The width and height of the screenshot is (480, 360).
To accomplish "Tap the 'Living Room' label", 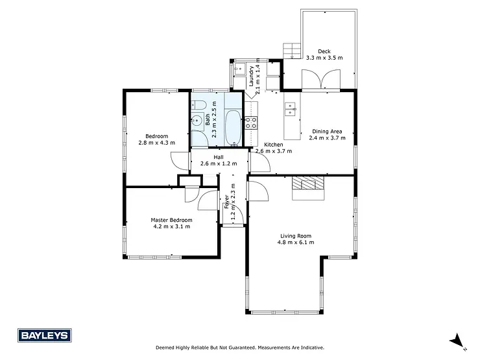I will [x=296, y=236].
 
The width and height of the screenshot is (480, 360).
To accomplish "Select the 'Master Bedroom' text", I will [x=172, y=220].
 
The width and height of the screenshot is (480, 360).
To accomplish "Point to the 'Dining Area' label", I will [x=327, y=130].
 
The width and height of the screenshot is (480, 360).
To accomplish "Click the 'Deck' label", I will [x=324, y=51].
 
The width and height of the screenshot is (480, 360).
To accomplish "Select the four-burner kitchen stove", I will [x=252, y=121].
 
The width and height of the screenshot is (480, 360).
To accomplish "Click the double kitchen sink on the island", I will [x=290, y=108].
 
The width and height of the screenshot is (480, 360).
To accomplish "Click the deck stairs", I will [x=293, y=50].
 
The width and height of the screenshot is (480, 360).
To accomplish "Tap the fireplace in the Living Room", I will [x=308, y=187].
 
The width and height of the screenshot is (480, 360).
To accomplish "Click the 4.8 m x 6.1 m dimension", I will [x=296, y=243].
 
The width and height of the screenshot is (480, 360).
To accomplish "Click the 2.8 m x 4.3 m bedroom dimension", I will [x=156, y=142].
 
